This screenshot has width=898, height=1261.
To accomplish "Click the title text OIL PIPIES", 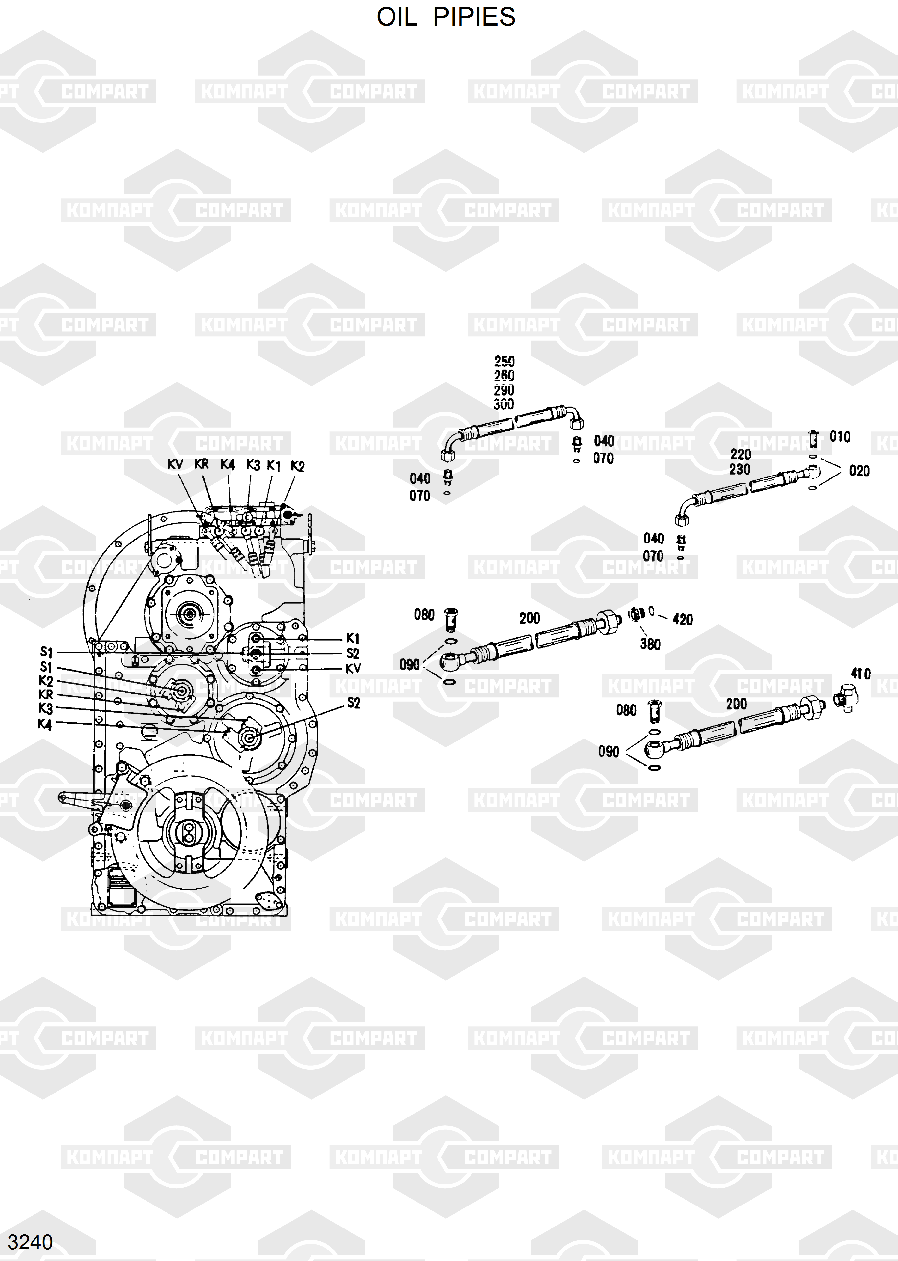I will [x=446, y=17].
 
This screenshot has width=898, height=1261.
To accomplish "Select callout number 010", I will [x=840, y=437].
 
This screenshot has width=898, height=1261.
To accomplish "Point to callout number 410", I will [x=861, y=674].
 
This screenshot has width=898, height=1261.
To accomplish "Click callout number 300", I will [x=504, y=405].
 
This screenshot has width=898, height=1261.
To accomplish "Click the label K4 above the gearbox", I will [x=227, y=464].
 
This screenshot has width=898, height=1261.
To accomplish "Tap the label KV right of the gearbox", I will [x=353, y=668].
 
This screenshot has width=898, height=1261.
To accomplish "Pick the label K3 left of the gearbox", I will [x=45, y=709].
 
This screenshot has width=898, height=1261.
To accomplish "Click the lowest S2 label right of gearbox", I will [x=353, y=703].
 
